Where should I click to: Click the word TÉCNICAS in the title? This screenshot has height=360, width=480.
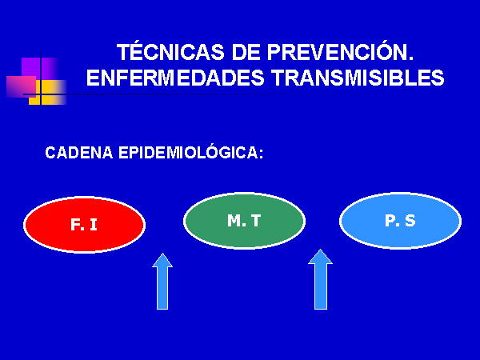[x=170, y=51]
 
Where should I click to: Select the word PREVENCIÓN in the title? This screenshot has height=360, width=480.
[x=341, y=51]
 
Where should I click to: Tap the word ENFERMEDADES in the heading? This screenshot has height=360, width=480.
[x=175, y=77]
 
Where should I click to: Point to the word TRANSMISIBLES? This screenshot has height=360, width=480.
[x=358, y=77]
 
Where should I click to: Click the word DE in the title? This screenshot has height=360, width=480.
[x=246, y=52]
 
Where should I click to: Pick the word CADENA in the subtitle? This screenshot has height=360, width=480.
[x=79, y=153]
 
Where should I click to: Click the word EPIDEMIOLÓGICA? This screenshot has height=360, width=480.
[x=188, y=153]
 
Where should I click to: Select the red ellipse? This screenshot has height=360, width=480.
[x=85, y=225]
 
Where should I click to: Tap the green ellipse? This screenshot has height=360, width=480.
[x=244, y=221]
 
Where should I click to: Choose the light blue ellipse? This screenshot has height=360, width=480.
[x=401, y=221]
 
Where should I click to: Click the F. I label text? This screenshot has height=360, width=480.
[x=84, y=224]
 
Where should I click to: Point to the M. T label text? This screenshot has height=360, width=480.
[x=244, y=221]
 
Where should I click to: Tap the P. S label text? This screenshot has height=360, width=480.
[x=400, y=221]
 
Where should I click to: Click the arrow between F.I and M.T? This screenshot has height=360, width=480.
[x=162, y=281]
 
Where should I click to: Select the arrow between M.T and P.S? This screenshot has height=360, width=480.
[x=321, y=279]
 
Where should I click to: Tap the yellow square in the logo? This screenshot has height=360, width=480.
[x=48, y=93]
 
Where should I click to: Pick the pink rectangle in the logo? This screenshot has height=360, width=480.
[x=21, y=86]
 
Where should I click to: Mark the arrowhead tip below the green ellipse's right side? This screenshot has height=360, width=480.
[x=321, y=249]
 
